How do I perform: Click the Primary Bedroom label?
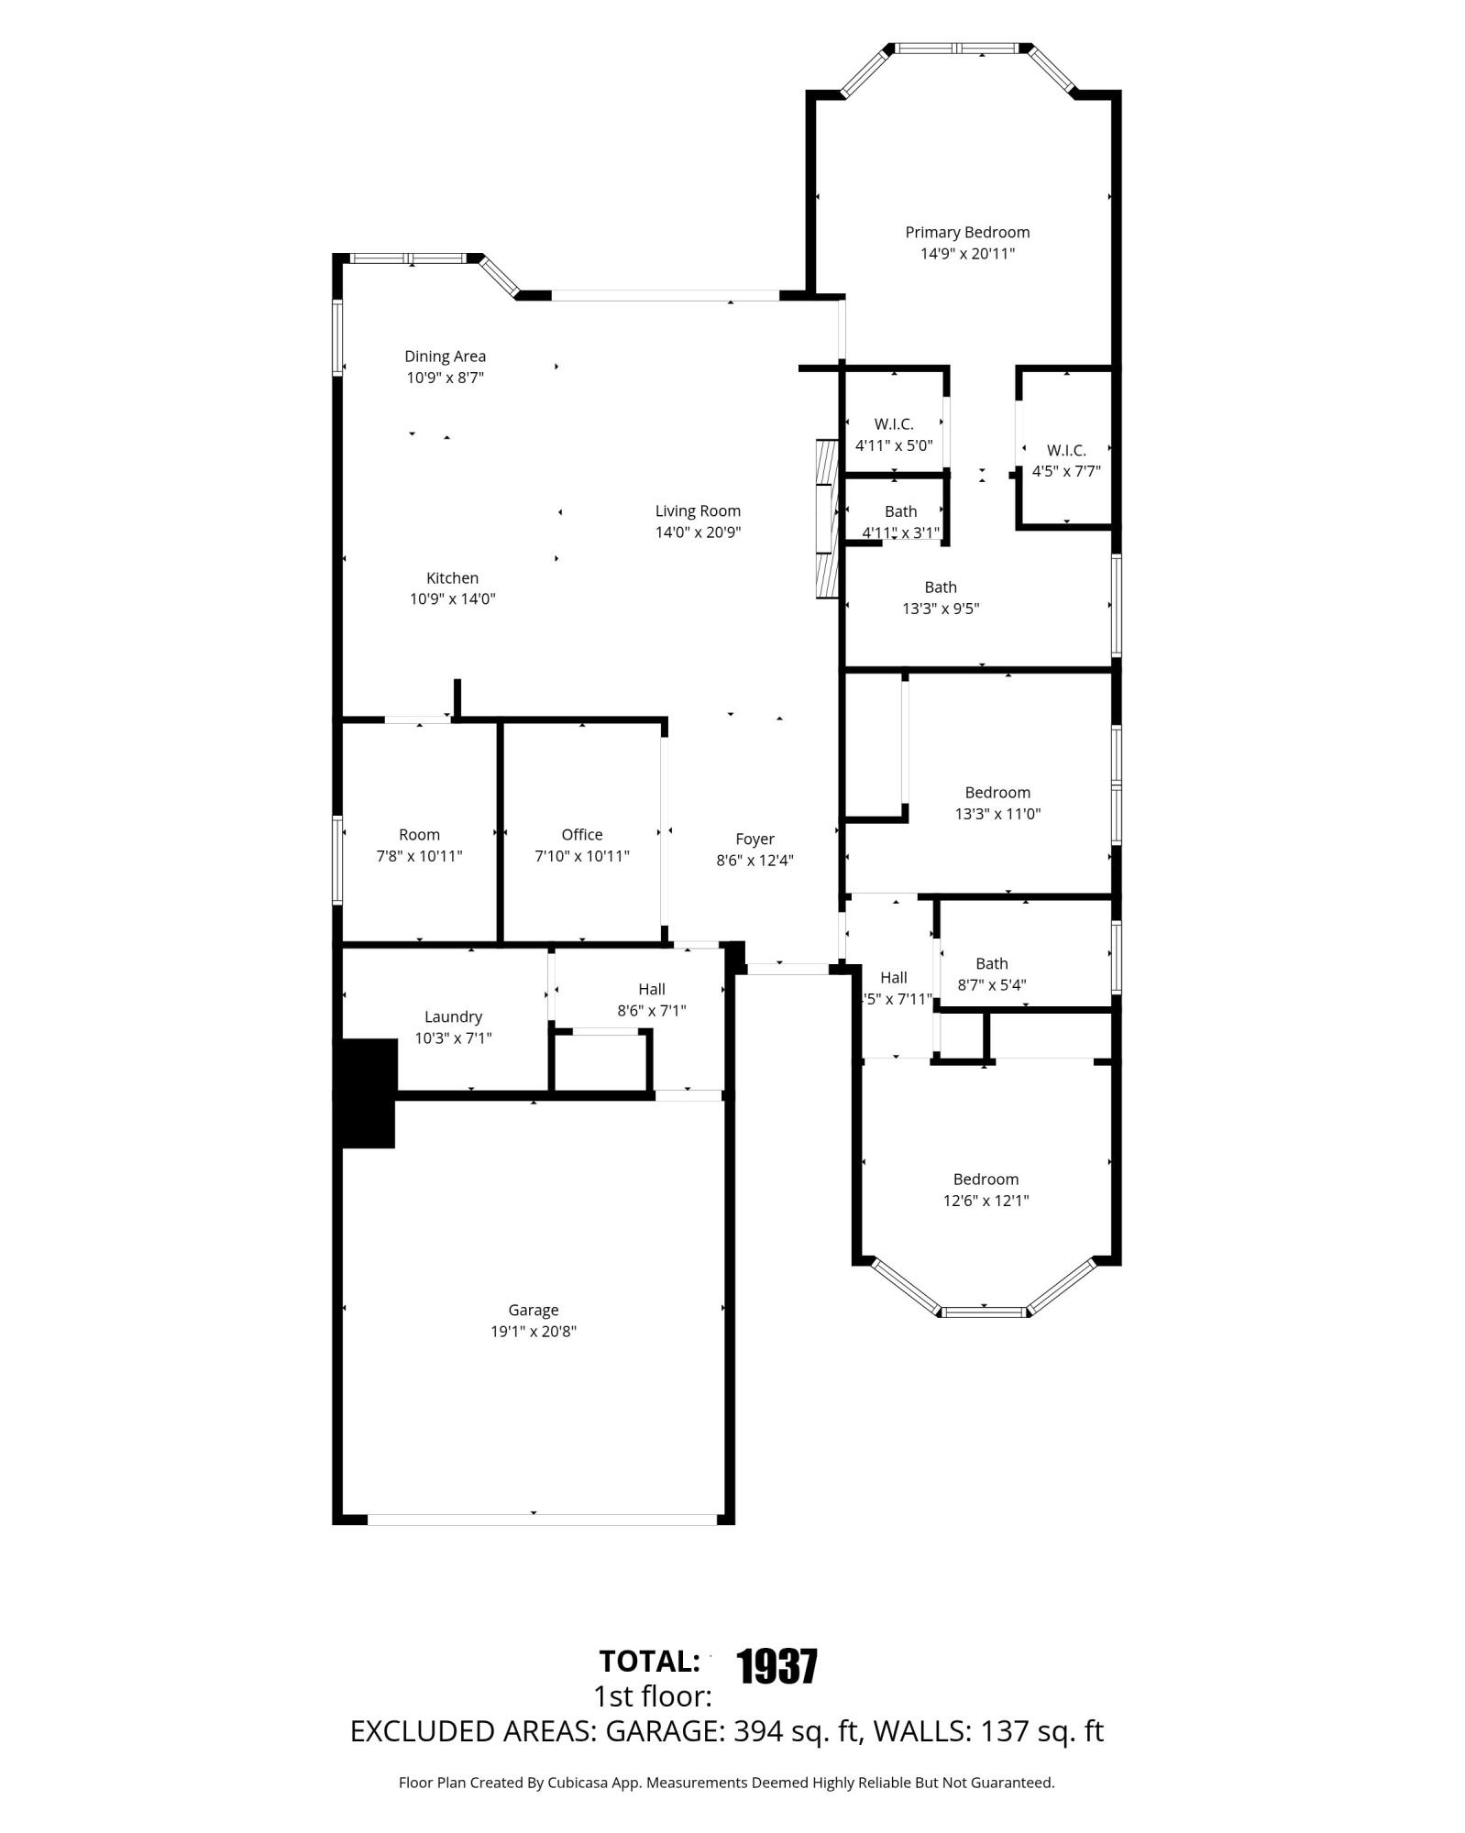tap(967, 233)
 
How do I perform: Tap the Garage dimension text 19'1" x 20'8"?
tap(534, 1332)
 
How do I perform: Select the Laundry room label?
tap(453, 1016)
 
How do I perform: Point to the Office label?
tap(582, 835)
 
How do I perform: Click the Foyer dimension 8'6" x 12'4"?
tap(755, 861)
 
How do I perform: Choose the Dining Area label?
tap(446, 357)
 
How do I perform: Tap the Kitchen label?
tap(452, 578)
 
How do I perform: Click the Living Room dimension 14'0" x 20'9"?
tap(698, 532)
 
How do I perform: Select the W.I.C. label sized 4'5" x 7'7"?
tap(1066, 450)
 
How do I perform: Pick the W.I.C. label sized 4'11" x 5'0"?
tap(894, 424)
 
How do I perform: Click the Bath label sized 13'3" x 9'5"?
tap(941, 587)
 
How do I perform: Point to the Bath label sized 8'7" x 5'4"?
tap(992, 963)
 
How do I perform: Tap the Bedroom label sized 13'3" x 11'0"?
tap(997, 793)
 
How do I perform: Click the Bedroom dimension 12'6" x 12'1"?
tap(986, 1201)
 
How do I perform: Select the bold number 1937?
tap(777, 1666)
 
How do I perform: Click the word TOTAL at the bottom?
tap(648, 1662)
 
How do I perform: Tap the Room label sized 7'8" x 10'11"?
tap(419, 835)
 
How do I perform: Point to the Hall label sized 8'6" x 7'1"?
tap(652, 989)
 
